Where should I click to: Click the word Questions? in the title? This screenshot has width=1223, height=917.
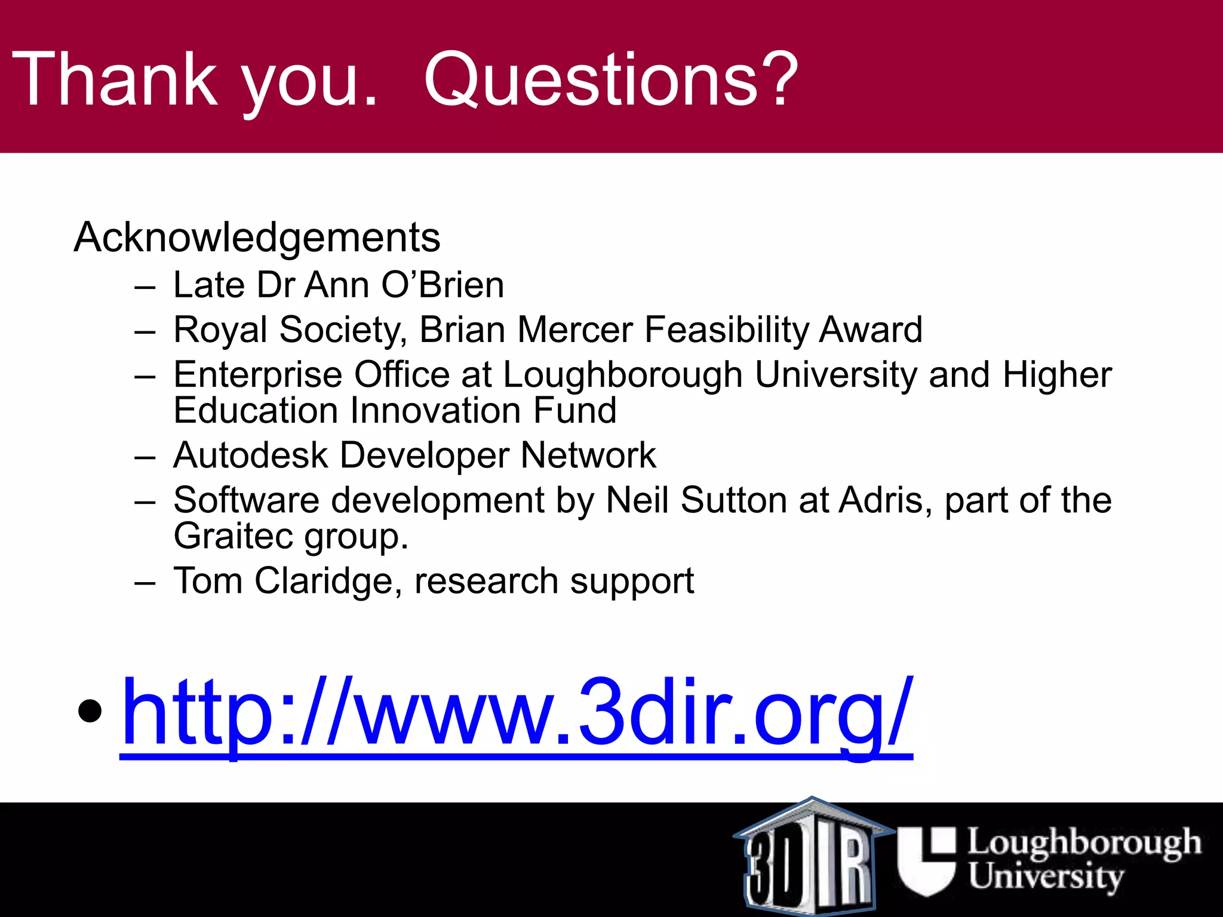610,79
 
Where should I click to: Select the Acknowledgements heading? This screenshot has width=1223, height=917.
257,238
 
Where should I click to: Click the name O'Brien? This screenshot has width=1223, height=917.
443,285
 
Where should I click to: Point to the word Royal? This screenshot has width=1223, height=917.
220,330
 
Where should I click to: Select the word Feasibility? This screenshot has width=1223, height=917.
726,330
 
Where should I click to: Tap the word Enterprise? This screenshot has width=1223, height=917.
258,375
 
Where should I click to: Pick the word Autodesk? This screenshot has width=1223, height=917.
251,456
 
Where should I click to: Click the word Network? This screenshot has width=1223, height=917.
588,456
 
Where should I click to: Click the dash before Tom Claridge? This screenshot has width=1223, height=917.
145,582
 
